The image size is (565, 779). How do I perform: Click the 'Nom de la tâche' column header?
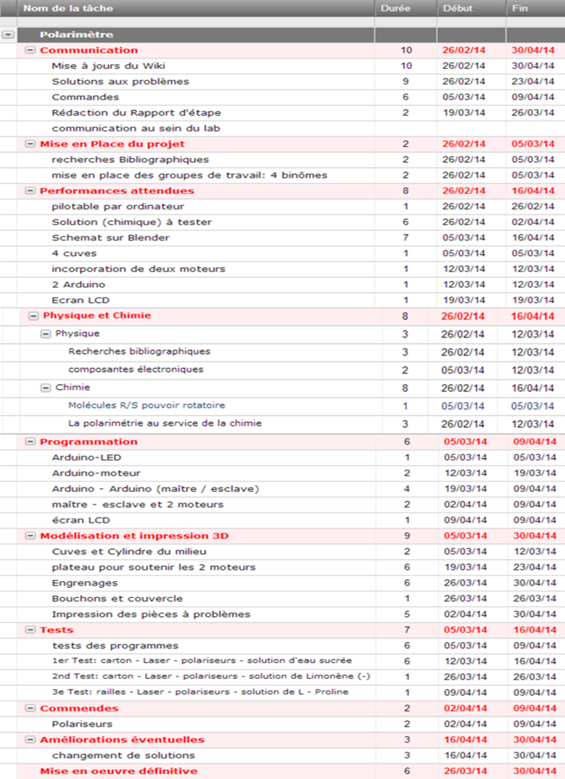pyautogui.click(x=68, y=9)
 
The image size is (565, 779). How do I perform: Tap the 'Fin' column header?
pyautogui.click(x=520, y=9)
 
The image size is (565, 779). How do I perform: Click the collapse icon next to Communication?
pyautogui.click(x=30, y=50)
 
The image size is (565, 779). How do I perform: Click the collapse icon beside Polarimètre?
pyautogui.click(x=8, y=35)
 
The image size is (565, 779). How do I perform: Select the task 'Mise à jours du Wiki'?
pyautogui.click(x=108, y=66)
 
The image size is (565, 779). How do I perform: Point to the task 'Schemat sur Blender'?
pyautogui.click(x=110, y=237)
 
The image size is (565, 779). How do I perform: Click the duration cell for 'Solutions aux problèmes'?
pyautogui.click(x=406, y=82)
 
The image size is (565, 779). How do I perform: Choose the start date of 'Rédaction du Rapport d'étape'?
pyautogui.click(x=464, y=113)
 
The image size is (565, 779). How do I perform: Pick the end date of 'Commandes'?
pyautogui.click(x=533, y=97)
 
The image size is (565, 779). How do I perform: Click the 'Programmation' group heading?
pyautogui.click(x=88, y=441)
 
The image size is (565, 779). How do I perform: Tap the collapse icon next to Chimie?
pyautogui.click(x=46, y=387)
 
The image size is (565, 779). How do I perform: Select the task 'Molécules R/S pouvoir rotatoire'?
pyautogui.click(x=146, y=405)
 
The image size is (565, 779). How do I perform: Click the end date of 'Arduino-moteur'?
pyautogui.click(x=533, y=473)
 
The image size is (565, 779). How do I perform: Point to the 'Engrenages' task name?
pyautogui.click(x=84, y=583)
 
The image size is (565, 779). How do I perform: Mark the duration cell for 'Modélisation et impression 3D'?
pyautogui.click(x=406, y=536)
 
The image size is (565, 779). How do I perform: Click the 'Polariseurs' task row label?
pyautogui.click(x=82, y=723)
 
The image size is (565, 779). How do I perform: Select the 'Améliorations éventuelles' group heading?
pyautogui.click(x=122, y=739)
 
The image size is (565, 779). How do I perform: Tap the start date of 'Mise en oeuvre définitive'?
pyautogui.click(x=464, y=771)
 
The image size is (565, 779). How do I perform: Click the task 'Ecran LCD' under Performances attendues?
pyautogui.click(x=80, y=300)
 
